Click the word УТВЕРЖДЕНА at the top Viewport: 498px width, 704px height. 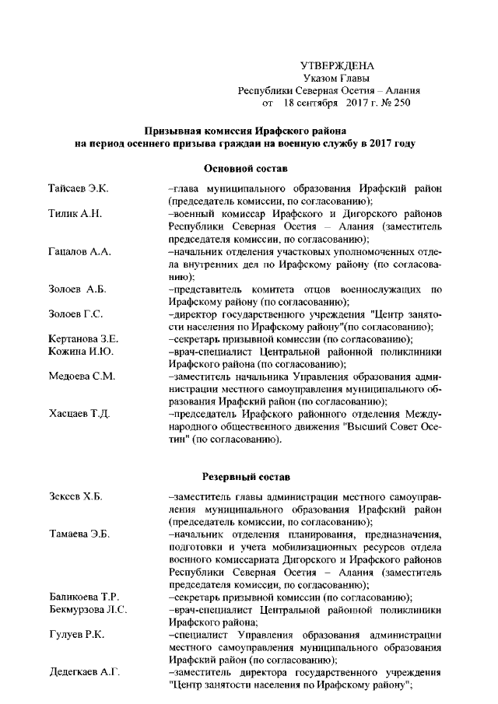[x=337, y=65]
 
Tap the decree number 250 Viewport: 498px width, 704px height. [x=401, y=102]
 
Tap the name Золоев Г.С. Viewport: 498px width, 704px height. [x=75, y=314]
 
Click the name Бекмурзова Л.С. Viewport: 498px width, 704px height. [x=88, y=609]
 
